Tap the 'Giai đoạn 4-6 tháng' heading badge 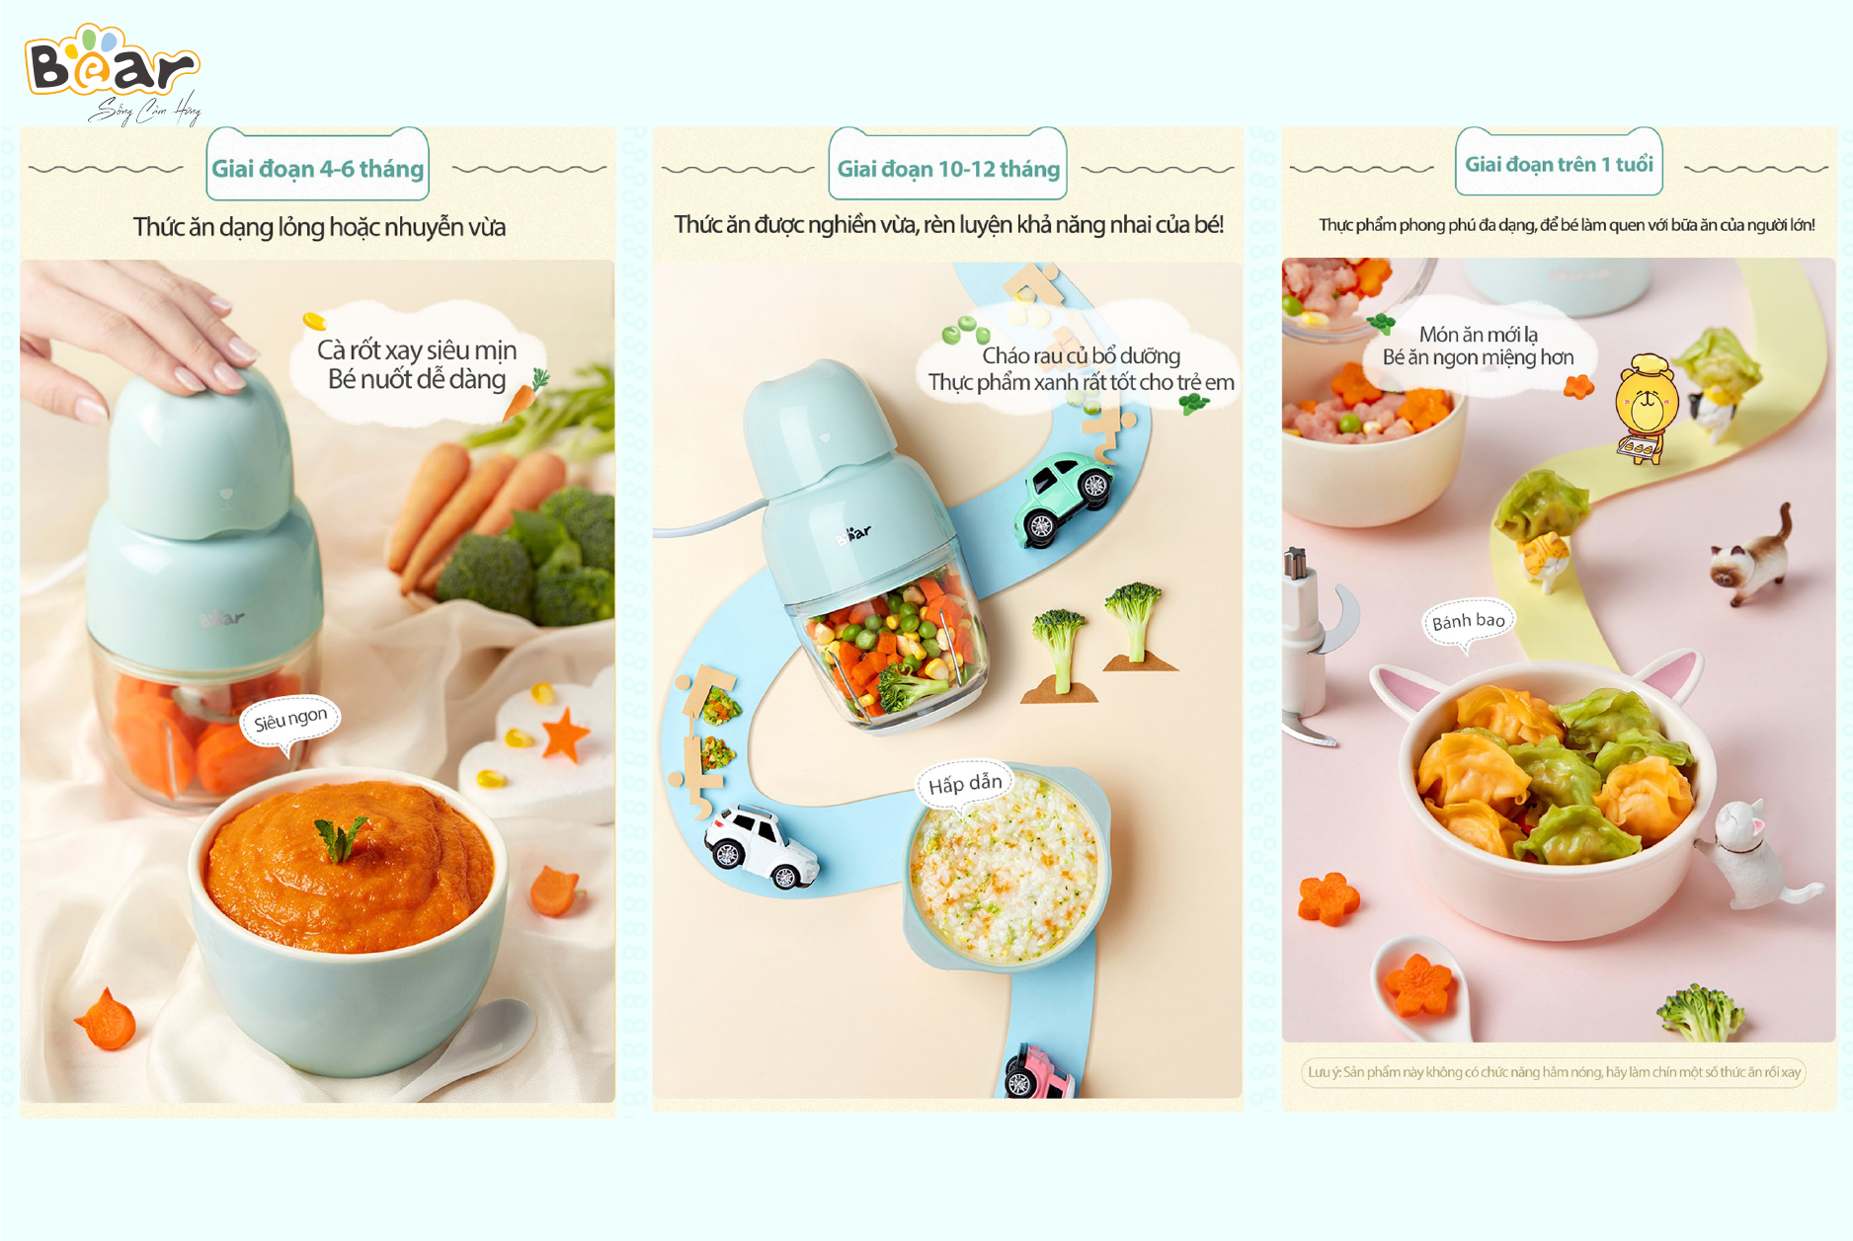[318, 165]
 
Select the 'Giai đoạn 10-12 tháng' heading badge [948, 165]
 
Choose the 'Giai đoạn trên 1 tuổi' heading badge [1559, 162]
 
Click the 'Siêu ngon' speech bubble [290, 721]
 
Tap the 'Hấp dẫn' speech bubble [965, 785]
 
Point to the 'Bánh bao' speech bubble [1469, 623]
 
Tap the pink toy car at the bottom [1038, 1071]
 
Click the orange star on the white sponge [564, 736]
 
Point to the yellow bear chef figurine [1646, 408]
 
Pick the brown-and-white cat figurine [1752, 557]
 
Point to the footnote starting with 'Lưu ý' [1554, 1072]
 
